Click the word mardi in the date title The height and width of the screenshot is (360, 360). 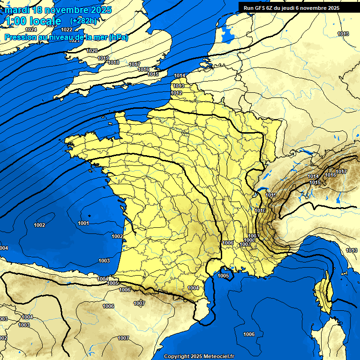click(16, 10)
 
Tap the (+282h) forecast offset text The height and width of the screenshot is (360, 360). click(83, 21)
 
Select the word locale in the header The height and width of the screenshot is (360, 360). click(45, 21)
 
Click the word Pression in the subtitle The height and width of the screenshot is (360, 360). click(21, 37)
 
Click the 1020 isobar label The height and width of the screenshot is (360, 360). click(92, 51)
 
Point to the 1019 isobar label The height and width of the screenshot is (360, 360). click(103, 58)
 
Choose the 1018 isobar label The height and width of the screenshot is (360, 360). click(113, 62)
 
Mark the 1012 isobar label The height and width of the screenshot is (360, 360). click(176, 93)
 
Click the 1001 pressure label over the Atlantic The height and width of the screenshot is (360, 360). click(84, 223)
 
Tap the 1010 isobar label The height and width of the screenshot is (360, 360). click(260, 211)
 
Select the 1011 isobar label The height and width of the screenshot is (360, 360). click(270, 195)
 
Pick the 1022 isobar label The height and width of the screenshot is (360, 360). click(67, 30)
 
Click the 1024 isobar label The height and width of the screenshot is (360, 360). click(31, 30)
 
